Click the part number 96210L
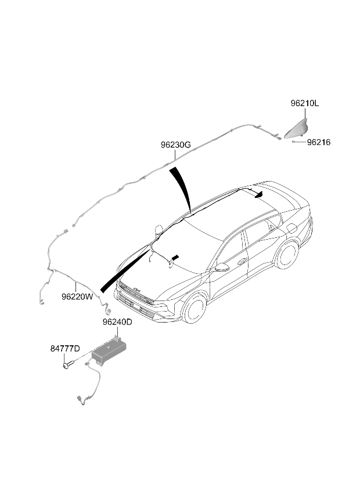point(304,103)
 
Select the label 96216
point(319,142)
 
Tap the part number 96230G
point(176,145)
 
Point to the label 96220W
point(77,296)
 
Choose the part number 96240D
point(117,322)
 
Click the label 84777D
point(65,349)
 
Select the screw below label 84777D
point(69,365)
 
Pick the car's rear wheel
point(287,255)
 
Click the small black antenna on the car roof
point(259,195)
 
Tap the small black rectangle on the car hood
point(175,257)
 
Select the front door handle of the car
point(242,261)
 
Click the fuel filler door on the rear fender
point(292,228)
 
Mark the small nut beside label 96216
point(293,142)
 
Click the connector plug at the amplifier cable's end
point(79,399)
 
